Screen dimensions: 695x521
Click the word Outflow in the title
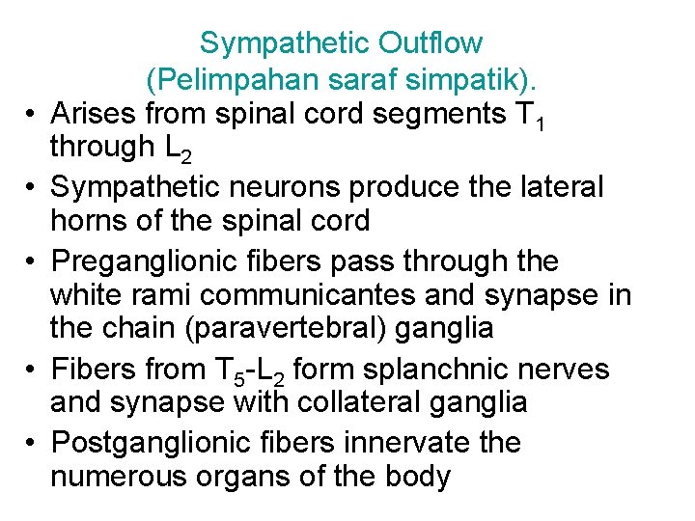click(x=430, y=43)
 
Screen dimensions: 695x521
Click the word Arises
click(x=93, y=113)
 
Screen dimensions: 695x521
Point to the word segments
click(x=439, y=114)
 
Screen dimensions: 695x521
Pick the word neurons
click(x=285, y=187)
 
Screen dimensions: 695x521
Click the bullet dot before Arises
click(x=30, y=114)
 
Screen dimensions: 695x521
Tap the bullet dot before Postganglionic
click(x=30, y=443)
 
